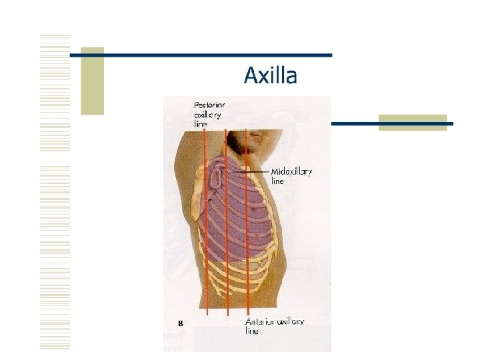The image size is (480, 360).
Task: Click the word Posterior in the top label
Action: [x=209, y=105]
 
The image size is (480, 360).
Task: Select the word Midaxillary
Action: [x=291, y=172]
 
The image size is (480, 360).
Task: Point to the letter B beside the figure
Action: [x=180, y=323]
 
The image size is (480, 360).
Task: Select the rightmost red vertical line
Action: [x=246, y=220]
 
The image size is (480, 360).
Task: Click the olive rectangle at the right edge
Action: [x=412, y=123]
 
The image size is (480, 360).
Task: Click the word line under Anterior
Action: [x=253, y=330]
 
